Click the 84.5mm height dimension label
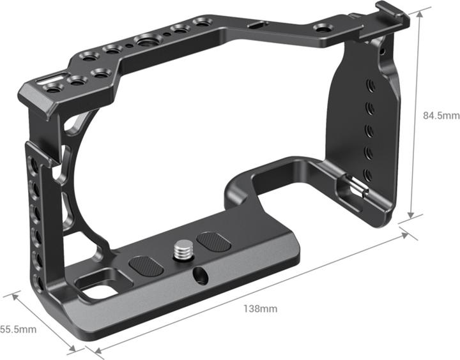[x=441, y=116]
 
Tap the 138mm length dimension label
[x=260, y=309]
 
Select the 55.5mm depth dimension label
[x=18, y=329]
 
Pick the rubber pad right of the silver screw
[x=210, y=241]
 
